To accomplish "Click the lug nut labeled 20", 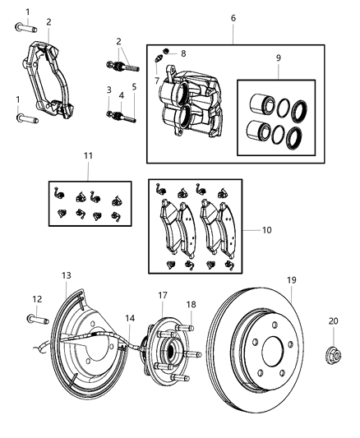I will coord(332,356).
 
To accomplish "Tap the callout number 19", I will coord(291,280).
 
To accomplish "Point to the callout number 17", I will coord(163,295).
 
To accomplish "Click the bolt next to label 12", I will coord(36,319).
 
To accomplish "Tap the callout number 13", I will coord(67,276).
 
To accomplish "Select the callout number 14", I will coord(130,318).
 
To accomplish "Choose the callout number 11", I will coord(87,154).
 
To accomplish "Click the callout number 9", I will coord(279,58).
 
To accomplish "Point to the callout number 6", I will coord(233,17).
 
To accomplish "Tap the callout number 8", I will coord(183,53).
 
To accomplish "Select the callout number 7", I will coord(156,81).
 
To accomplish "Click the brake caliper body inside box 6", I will coord(191,104).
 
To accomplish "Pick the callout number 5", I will coord(133,86).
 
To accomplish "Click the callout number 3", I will coord(108,90).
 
